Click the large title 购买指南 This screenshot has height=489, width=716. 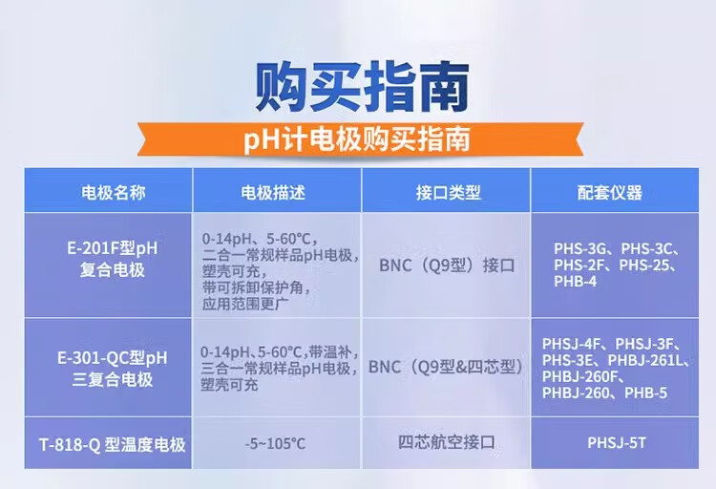point(362,87)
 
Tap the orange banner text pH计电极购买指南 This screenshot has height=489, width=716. point(357,138)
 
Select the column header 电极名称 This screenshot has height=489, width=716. point(114,192)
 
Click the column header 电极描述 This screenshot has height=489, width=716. point(273,192)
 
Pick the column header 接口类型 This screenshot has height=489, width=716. point(448,192)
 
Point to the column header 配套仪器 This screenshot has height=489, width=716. point(610,192)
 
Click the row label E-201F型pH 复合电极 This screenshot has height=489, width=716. point(113,259)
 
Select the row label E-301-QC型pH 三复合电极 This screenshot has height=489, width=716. point(113,369)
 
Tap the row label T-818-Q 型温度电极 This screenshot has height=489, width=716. point(113,444)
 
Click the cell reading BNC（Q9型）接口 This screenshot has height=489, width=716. point(447,266)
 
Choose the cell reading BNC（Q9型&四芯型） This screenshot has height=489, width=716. point(446,367)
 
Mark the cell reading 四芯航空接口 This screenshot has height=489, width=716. point(447,442)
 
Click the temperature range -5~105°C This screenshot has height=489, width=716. point(275,443)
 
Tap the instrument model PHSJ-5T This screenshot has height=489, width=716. point(617,442)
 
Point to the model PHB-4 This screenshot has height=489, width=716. point(576,281)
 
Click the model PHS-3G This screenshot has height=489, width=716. point(579,248)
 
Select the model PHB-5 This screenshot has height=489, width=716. point(645,393)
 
